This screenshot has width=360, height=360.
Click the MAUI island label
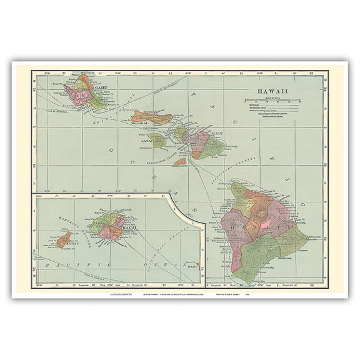[217, 133]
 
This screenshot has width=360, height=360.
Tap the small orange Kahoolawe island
[179, 161]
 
